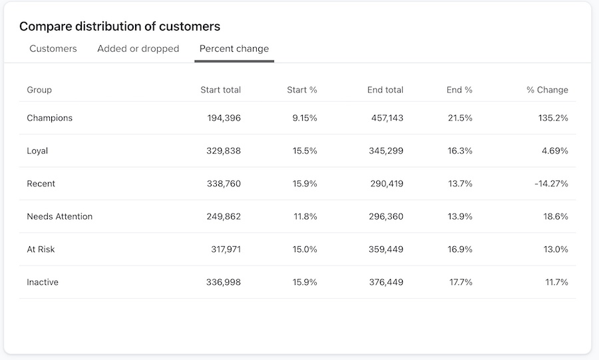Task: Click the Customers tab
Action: pos(53,49)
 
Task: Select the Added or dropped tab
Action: pos(138,49)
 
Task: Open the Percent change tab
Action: pos(234,49)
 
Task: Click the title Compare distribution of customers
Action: pos(120,27)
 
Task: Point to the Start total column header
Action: pos(220,90)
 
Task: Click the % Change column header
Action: pos(547,90)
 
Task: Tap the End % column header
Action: pos(459,90)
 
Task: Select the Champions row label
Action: pos(49,118)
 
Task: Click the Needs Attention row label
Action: pos(59,216)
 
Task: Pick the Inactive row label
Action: pos(43,282)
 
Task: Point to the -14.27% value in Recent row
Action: pos(551,184)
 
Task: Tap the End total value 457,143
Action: pos(387,118)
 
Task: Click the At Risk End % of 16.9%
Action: pos(461,250)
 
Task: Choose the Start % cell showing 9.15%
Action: pos(305,118)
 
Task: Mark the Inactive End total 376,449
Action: pos(386,282)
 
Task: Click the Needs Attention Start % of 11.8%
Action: pos(305,216)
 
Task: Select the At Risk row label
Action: pos(41,250)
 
